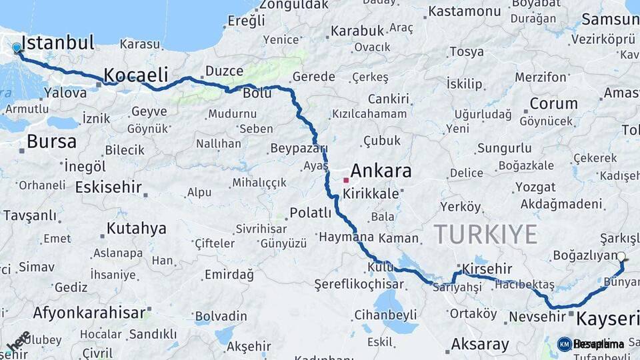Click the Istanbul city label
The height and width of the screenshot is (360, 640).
57,43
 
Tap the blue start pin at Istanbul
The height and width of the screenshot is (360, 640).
17,48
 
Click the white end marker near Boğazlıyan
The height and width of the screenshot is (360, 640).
621,257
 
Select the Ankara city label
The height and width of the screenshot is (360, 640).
381,171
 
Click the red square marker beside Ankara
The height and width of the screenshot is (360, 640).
345,180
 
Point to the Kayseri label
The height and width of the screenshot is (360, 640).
607,317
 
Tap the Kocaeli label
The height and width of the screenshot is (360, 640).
136,74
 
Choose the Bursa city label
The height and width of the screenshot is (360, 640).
51,141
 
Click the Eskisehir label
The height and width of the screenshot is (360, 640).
108,187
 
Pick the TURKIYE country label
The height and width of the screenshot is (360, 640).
485,234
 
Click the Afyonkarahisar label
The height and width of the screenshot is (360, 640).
89,313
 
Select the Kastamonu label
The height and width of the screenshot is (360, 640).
464,11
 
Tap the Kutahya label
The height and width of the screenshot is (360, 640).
136,229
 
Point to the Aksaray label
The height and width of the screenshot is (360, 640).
480,345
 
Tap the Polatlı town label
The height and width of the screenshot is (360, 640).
311,213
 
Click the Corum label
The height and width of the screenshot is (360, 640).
553,103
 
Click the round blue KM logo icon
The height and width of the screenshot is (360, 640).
564,344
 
